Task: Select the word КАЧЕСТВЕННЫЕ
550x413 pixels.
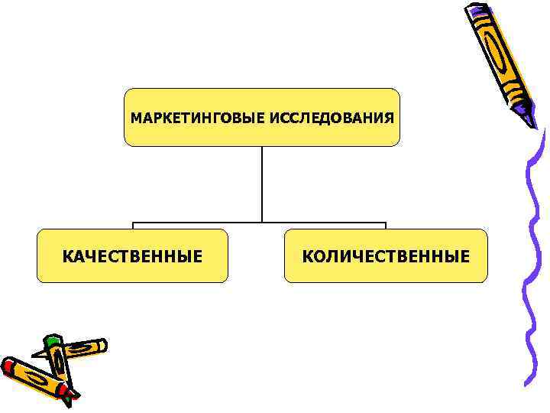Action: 132,256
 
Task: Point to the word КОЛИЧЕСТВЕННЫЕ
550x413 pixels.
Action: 386,256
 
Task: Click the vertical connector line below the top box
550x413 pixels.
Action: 262,184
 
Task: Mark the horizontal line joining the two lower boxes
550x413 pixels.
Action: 260,223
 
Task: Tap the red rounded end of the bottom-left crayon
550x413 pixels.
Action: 8,366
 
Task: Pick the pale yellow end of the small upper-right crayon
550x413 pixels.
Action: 100,346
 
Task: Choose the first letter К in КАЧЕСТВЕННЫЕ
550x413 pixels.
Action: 67,256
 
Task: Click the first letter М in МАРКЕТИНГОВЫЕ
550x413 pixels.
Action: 135,119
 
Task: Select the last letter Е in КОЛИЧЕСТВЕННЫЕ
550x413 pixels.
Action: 465,256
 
